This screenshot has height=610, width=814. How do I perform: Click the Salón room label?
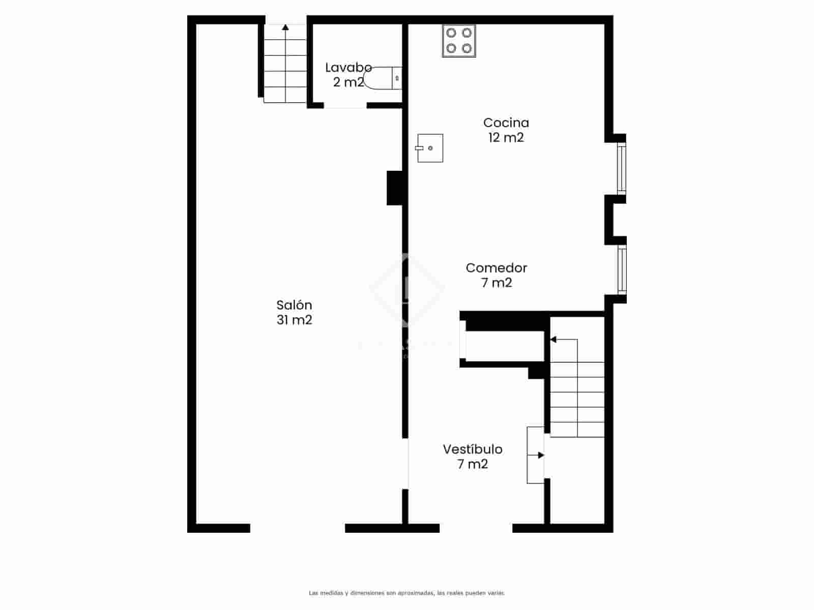pos(294,305)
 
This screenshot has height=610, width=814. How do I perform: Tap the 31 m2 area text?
pos(294,320)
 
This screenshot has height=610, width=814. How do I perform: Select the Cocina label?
pos(506,123)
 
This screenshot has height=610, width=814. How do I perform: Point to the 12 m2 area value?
pos(506,137)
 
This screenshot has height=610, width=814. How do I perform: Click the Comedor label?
pos(496,268)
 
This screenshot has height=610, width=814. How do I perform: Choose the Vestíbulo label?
pos(472,449)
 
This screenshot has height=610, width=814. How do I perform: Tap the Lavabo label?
pos(348,68)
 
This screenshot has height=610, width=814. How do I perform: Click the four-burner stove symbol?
pos(459,41)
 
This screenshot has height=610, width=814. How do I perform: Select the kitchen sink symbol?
pos(430,148)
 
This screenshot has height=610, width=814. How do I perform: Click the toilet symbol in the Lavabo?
pos(383,78)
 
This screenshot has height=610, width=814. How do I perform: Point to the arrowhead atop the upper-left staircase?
pos(285,27)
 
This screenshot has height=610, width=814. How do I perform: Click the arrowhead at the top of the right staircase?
pos(554,339)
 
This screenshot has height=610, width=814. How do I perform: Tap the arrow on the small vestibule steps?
pos(540,455)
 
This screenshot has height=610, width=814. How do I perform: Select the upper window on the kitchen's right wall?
pos(621,169)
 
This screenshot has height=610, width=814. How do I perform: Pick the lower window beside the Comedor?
pos(621,269)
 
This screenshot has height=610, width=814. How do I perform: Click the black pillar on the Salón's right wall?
pos(395,188)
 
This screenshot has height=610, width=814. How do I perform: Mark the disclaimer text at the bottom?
pos(406,593)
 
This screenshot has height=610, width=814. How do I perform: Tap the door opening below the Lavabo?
pos(345,106)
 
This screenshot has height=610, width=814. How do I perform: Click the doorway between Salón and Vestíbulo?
pos(405,464)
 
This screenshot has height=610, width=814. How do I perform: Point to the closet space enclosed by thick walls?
pos(504,346)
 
